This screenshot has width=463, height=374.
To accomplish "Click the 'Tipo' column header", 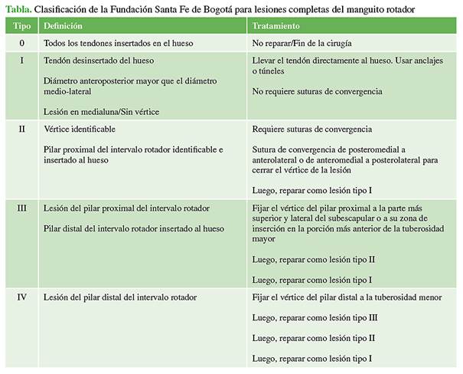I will point(21,26).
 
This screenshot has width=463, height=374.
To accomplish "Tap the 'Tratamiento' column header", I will point(278,26).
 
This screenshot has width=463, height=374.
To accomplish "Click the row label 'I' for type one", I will point(21,60).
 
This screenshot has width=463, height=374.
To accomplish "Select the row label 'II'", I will point(21,129).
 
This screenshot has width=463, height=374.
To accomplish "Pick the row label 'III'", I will point(21,208).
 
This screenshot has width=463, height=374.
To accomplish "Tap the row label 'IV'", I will point(21,297).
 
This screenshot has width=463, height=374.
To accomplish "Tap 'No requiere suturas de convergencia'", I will point(316,91).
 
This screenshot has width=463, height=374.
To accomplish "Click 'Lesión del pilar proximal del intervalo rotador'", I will point(127,208).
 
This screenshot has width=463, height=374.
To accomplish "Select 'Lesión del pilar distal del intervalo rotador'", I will point(121,297).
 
